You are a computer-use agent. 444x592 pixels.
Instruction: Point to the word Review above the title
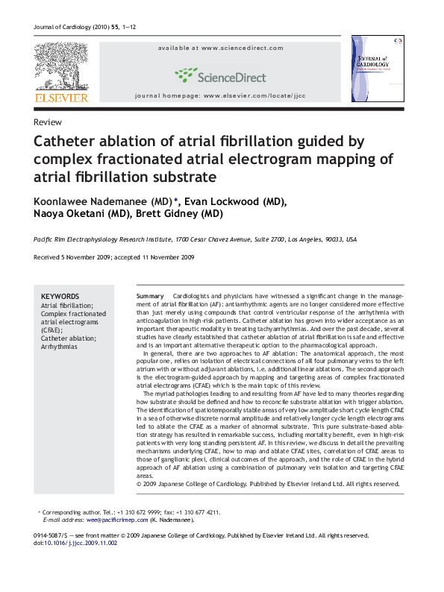pos(48,122)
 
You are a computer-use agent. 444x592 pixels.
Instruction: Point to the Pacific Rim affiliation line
pos(196,240)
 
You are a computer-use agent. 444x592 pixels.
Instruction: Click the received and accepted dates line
pos(114,257)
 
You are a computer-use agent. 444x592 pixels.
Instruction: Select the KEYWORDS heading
pos(60,296)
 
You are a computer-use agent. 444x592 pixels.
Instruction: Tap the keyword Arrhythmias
pos(59,347)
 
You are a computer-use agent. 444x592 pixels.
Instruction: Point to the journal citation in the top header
pos(85,28)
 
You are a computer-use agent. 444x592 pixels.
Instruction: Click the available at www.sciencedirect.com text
pos(220,48)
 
